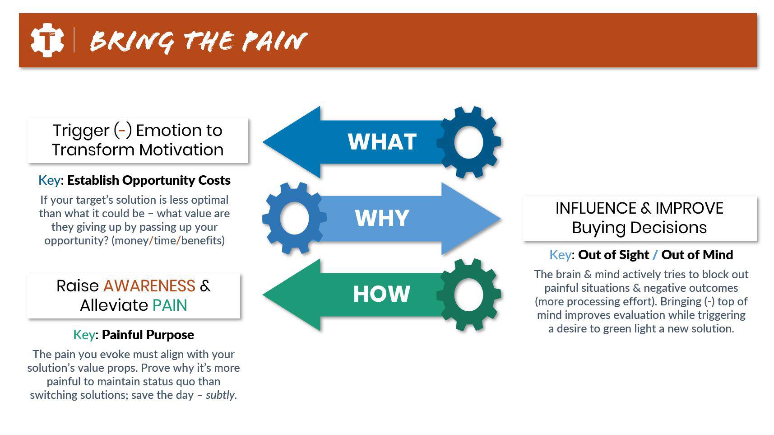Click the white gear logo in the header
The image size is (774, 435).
47,40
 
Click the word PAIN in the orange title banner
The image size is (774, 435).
274,41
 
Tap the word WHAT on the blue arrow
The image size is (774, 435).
382,142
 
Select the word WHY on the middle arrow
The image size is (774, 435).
382,218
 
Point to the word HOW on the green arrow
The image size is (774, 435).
381,294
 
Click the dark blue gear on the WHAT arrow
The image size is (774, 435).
468,142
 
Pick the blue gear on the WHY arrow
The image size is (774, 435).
294,218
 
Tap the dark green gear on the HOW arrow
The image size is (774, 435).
468,295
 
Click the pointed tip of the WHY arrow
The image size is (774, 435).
501,219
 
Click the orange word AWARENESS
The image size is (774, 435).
149,286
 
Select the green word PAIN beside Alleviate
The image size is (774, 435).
170,305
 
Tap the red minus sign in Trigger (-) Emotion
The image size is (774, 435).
122,131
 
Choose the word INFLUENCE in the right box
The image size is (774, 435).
596,208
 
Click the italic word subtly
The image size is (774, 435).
220,395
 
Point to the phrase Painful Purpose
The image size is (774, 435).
148,335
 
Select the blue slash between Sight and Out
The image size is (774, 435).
655,255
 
